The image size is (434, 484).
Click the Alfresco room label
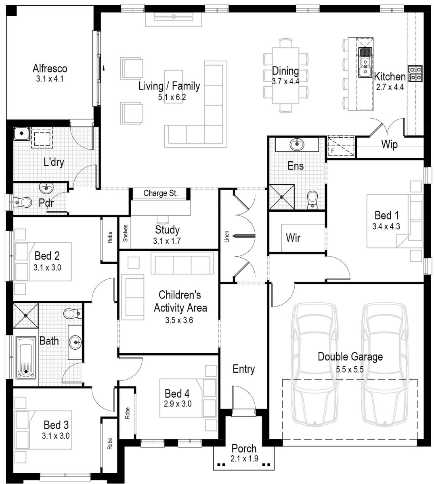(50, 68)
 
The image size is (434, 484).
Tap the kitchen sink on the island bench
(365, 67)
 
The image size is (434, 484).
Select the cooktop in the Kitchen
(415, 74)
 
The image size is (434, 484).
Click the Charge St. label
(160, 193)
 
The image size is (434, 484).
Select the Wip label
(389, 144)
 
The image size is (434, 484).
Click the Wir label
(293, 238)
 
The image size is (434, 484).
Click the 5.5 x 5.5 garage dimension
(350, 369)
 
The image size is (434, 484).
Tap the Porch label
(244, 448)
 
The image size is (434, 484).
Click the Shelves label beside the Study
(125, 233)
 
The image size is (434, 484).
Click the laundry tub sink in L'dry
(21, 133)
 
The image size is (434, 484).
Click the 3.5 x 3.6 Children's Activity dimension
(180, 321)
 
